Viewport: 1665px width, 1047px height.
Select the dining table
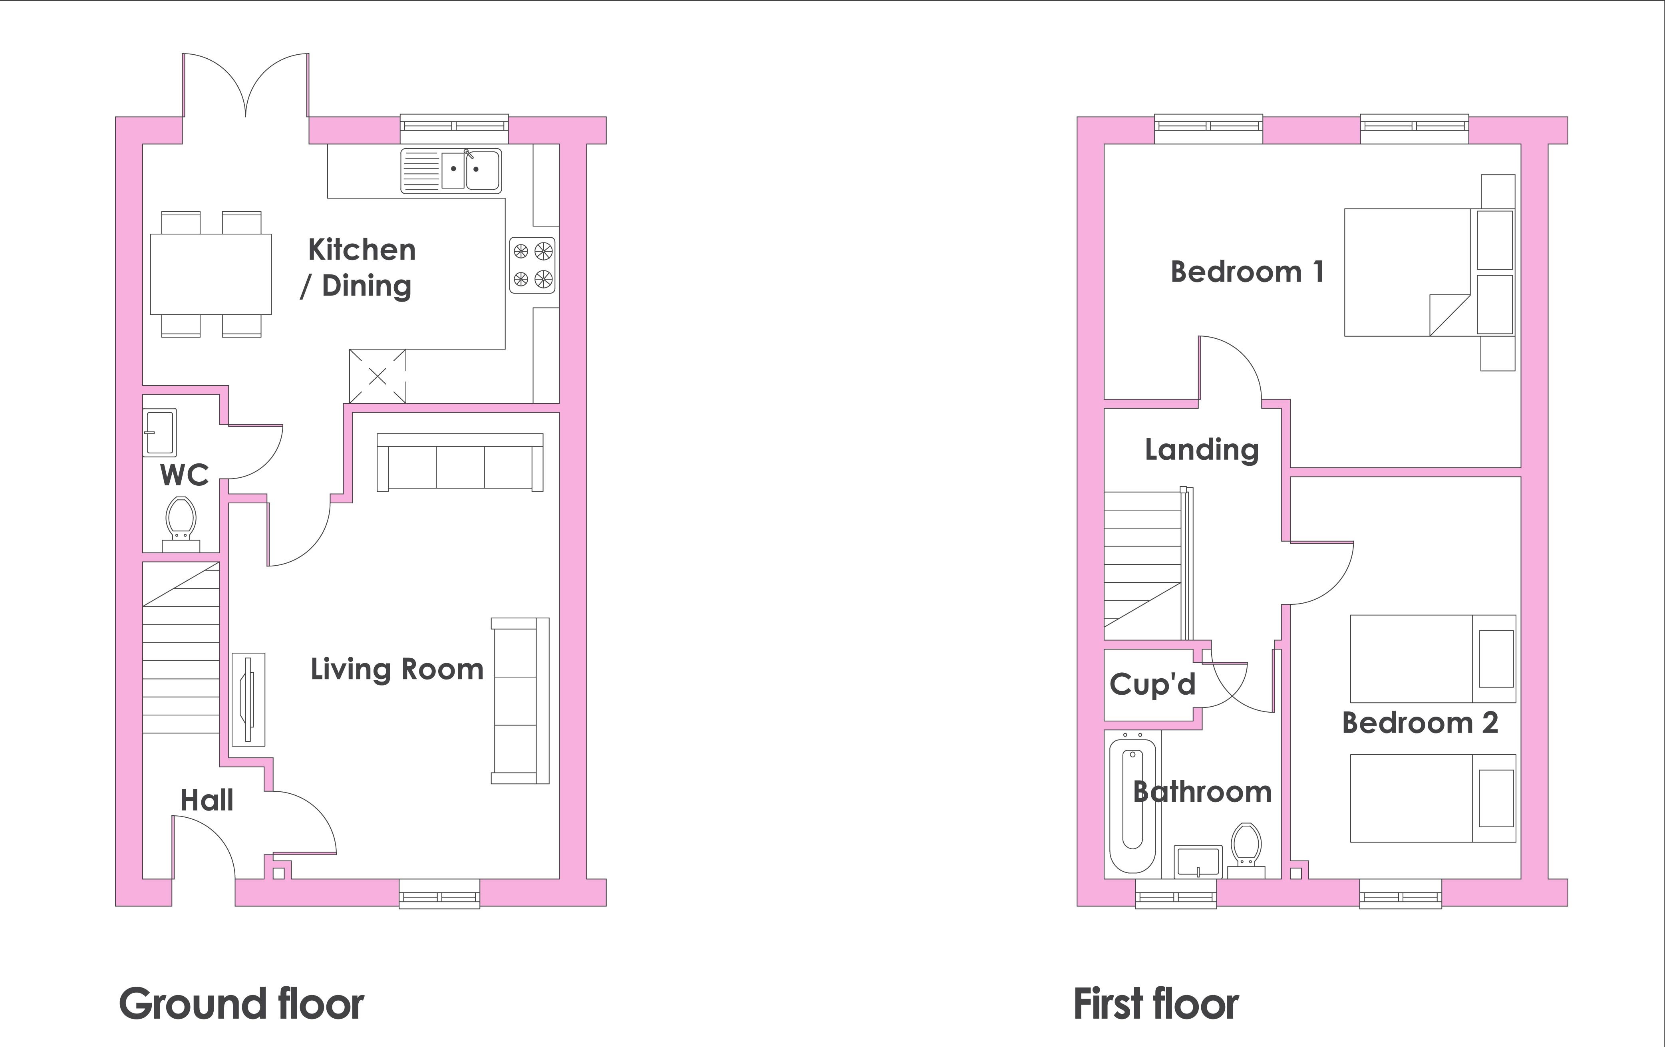pos(211,274)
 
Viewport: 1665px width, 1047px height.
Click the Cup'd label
pos(1152,684)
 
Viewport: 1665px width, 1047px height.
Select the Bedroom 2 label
pos(1420,723)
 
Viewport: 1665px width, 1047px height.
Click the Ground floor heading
pos(241,1004)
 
